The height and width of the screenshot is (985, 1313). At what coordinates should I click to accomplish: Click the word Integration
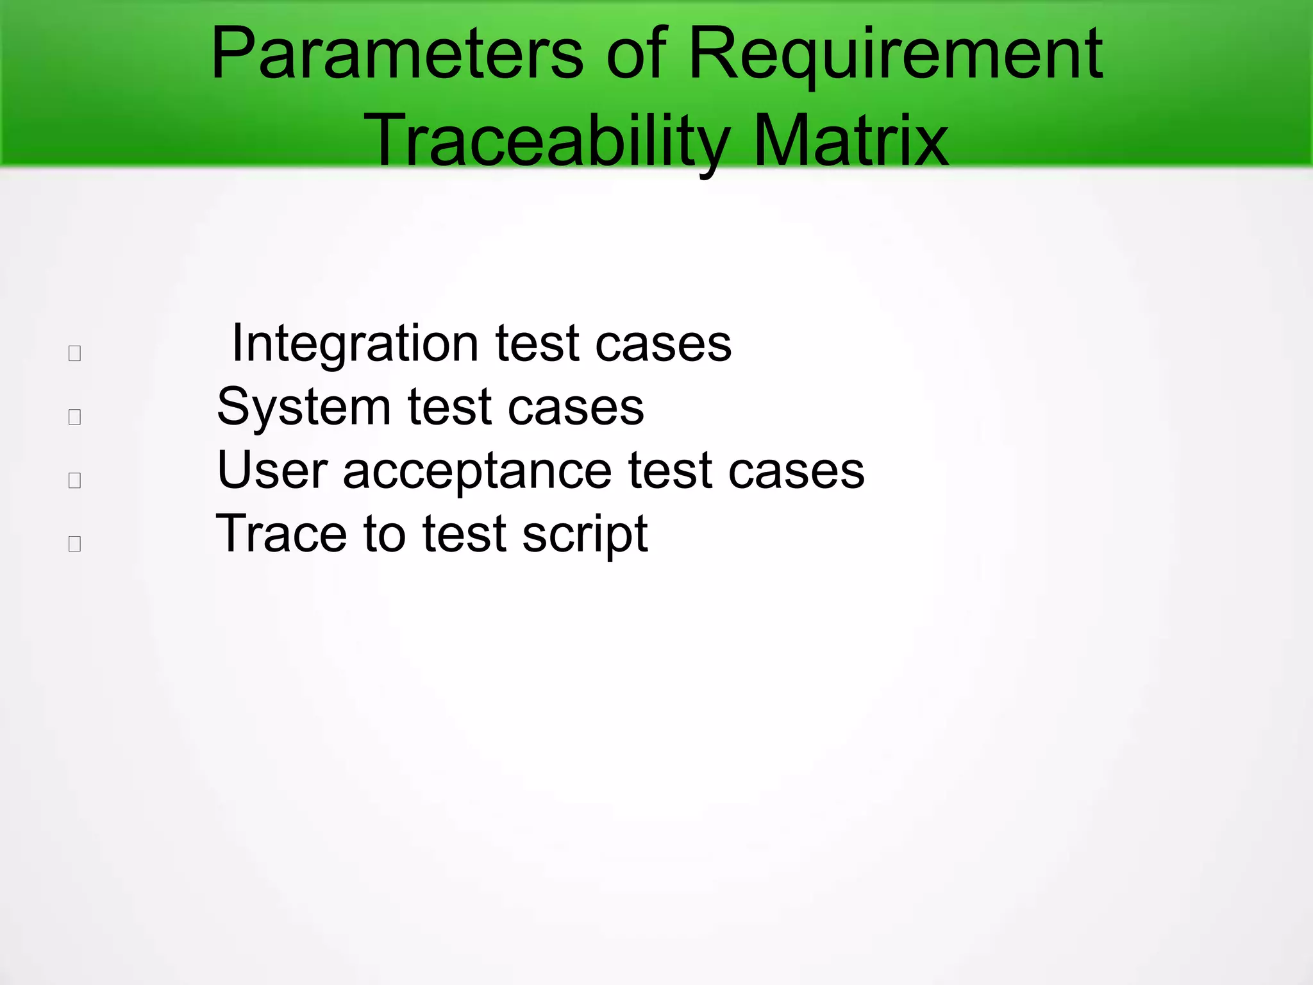click(x=355, y=344)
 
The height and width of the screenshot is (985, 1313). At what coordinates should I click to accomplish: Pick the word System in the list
click(x=303, y=407)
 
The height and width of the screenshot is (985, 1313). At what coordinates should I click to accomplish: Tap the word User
click(x=272, y=471)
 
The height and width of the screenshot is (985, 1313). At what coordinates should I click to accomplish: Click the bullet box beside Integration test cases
click(x=74, y=353)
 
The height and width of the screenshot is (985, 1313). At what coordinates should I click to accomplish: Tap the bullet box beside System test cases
click(x=74, y=417)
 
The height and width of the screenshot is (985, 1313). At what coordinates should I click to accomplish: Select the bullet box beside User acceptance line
click(x=74, y=480)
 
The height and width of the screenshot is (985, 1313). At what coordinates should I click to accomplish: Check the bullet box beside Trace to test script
click(x=74, y=544)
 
